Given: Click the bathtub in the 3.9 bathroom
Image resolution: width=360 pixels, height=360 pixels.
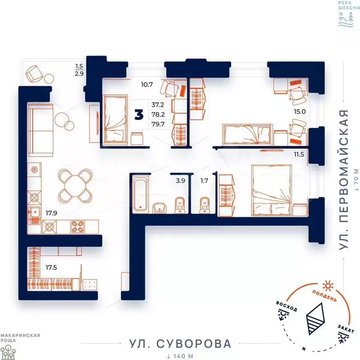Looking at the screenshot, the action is coord(141,195).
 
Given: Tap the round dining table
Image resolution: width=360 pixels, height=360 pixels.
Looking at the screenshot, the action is coord(75,186).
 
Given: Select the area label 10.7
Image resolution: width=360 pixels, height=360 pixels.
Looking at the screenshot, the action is coord(147,84).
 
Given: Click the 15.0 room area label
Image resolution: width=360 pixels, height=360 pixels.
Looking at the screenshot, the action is coord(300,112).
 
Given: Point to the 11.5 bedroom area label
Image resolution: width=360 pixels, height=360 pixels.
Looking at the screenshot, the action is coord(299,155).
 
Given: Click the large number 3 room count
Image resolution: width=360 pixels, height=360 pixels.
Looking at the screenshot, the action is coord(139,114).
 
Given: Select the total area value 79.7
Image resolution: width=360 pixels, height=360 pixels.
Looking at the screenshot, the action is coord(158,124).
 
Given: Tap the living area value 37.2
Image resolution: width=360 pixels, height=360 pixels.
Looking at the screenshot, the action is coord(157,105).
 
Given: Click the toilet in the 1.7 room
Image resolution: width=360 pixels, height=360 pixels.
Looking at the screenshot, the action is coord(204,205).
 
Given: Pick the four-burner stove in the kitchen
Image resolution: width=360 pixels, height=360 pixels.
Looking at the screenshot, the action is coord(77,226).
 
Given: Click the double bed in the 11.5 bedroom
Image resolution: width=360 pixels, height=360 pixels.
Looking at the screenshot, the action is coord(271,190).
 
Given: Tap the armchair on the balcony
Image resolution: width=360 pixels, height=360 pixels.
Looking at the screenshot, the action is coord(34,73).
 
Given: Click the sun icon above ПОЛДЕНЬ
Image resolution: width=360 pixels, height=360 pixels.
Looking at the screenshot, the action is coord(328,285).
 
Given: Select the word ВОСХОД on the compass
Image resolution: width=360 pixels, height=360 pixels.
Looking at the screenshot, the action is coord(286,306).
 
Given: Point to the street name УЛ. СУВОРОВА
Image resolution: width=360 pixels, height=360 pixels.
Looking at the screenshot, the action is coord(180,344).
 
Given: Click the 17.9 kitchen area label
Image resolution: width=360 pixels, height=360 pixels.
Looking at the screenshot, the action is coord(51,213).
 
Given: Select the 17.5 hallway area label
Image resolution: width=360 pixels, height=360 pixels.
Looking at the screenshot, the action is coord(51,268).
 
